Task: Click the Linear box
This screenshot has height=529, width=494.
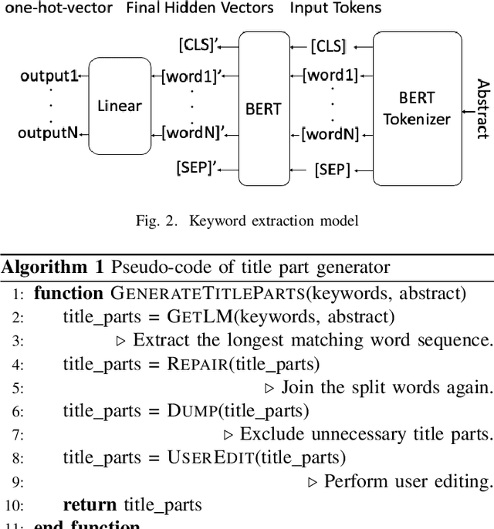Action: [120, 105]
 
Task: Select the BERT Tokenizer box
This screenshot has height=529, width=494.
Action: [418, 108]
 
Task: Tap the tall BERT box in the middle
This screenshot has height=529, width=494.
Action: [263, 108]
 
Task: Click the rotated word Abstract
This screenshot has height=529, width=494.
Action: [482, 109]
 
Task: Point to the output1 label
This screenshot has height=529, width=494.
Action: [49, 76]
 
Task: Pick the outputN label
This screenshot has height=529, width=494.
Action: [48, 133]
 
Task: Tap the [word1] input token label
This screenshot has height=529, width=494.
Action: [330, 75]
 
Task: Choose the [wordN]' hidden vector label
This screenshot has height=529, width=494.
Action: [195, 133]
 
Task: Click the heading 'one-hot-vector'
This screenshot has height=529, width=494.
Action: [56, 9]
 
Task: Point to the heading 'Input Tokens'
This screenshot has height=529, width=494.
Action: [336, 9]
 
